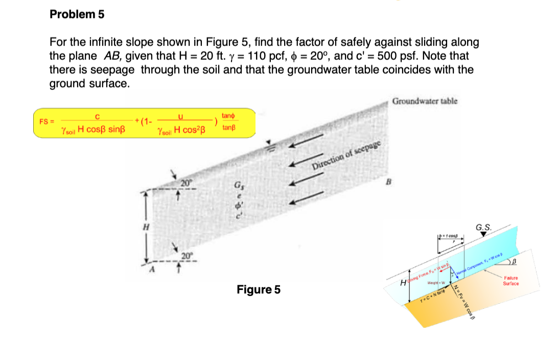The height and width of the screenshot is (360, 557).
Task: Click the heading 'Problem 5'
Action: [x=77, y=14]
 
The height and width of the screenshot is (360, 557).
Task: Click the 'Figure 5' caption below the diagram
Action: [x=259, y=290]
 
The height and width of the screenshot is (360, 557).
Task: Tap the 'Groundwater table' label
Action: [x=425, y=101]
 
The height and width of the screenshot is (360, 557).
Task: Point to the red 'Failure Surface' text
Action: [x=510, y=280]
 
